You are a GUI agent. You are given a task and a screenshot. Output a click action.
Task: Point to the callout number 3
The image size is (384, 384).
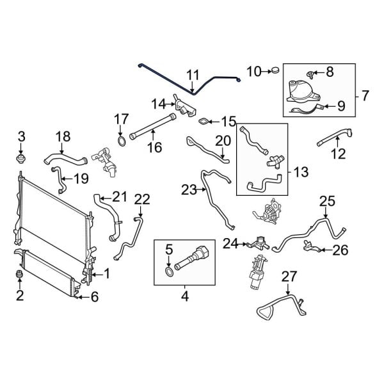[x=21, y=136]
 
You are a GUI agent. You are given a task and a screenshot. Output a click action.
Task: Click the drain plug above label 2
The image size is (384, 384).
[x=20, y=275]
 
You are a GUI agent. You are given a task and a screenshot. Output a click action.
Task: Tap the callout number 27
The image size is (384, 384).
[x=289, y=276]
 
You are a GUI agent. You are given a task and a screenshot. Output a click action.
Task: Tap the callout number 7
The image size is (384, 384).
[x=365, y=96]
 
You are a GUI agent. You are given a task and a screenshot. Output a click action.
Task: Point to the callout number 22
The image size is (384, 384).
[x=142, y=200]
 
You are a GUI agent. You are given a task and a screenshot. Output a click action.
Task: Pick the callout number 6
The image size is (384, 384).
[x=94, y=296]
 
